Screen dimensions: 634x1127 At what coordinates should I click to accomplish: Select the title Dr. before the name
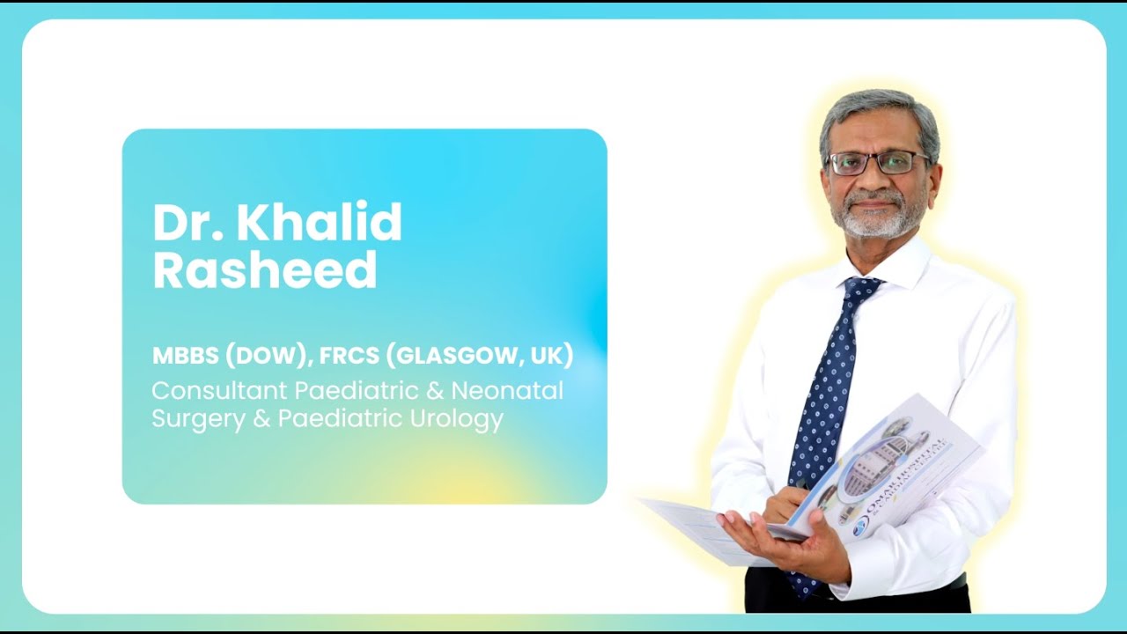[x=187, y=223]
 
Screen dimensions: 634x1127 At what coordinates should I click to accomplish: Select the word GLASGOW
[x=453, y=356]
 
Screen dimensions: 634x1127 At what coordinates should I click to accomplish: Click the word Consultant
[x=219, y=390]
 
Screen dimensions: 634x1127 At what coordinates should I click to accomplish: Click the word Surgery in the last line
[x=199, y=419]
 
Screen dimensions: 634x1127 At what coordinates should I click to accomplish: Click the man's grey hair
[x=880, y=110]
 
